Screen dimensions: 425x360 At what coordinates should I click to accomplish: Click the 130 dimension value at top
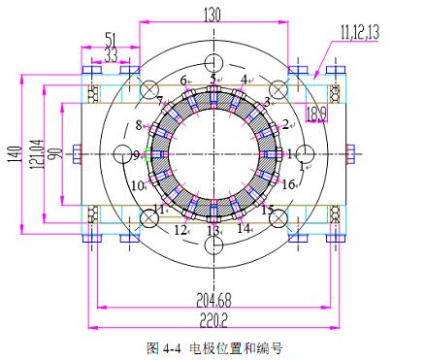212,15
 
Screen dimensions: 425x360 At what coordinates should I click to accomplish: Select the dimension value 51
111,40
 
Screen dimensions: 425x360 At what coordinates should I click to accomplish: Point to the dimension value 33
111,55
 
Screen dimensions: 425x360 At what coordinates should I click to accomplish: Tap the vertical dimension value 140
16,154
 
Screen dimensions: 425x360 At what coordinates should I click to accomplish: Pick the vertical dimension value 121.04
36,154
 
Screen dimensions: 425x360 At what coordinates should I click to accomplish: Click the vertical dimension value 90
54,154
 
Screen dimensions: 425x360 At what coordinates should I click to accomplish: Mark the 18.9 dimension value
316,115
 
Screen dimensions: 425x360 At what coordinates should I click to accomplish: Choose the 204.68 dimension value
213,300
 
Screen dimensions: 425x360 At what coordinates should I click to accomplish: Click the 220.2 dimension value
213,320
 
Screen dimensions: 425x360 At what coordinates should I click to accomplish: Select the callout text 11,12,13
359,33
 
